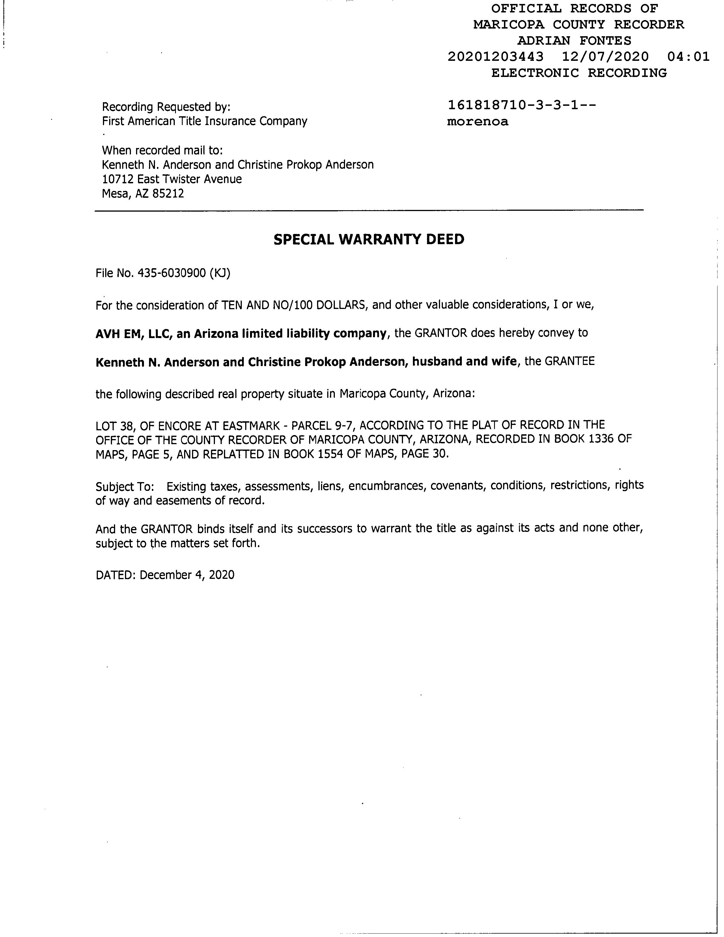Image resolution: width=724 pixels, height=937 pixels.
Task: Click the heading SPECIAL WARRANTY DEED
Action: pos(369,239)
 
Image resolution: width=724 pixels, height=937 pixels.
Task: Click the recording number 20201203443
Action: pos(495,57)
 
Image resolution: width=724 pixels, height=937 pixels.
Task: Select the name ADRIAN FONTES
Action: pos(574,41)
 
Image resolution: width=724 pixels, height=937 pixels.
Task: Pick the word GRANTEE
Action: pos(570,361)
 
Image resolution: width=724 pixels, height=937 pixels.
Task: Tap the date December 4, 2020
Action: pos(187,575)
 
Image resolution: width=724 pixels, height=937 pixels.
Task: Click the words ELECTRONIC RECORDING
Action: pos(579,73)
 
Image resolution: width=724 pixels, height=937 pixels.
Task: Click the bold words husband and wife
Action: pos(464,361)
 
